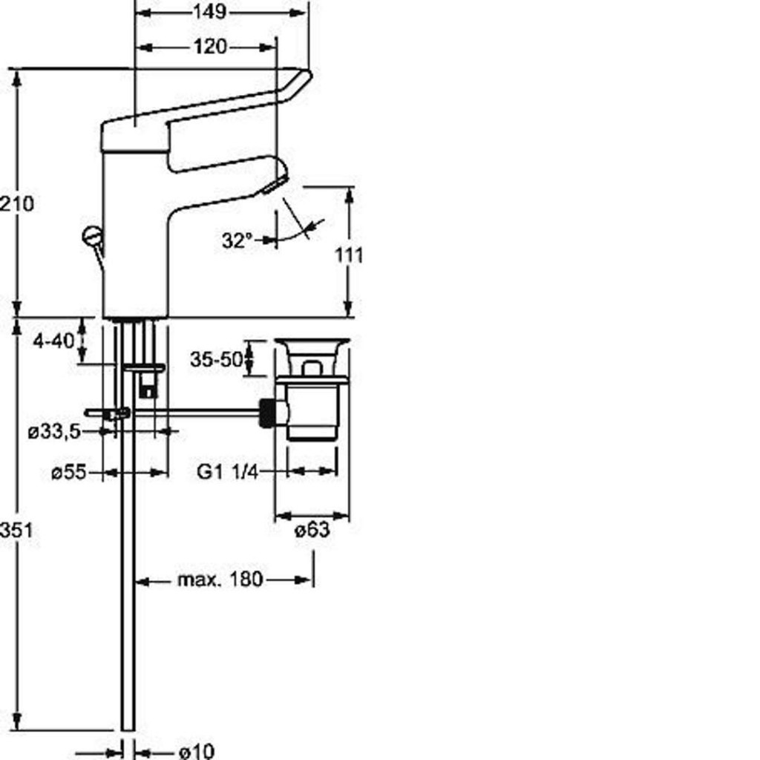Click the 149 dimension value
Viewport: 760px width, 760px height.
point(209,11)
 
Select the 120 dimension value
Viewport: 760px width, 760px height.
point(210,47)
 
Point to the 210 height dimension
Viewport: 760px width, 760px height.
point(17,203)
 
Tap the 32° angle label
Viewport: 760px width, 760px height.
point(237,240)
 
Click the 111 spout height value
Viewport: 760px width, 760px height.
point(349,255)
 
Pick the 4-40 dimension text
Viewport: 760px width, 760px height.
point(53,341)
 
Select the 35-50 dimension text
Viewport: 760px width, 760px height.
point(216,360)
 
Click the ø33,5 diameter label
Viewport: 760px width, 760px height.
point(54,431)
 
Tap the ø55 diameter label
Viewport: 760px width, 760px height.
point(69,472)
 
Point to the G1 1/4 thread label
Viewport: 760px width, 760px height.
point(228,471)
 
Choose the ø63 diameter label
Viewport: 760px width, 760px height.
point(312,530)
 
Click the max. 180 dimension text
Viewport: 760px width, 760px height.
point(220,579)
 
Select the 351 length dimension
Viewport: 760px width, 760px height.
point(17,530)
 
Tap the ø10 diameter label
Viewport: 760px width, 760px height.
point(196,752)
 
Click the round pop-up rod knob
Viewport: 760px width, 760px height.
point(91,236)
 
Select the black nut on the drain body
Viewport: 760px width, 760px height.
point(266,413)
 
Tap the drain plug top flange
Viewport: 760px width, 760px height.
point(312,341)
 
